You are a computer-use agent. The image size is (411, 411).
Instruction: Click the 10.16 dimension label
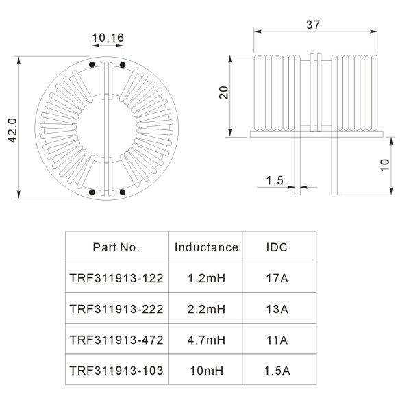(108, 38)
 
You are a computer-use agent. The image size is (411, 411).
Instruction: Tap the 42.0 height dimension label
(12, 130)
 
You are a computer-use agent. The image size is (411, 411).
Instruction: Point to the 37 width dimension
(313, 25)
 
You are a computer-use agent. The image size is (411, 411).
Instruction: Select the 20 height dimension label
(224, 92)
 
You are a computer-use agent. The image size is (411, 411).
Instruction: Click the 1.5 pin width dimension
(275, 180)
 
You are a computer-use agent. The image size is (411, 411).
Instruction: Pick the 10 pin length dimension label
(385, 165)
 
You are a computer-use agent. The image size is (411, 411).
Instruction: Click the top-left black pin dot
(92, 64)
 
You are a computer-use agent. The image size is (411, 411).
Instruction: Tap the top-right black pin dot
(123, 65)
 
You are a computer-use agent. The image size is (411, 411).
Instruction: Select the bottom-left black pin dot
(92, 192)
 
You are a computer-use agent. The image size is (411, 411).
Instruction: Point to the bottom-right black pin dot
(123, 192)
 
